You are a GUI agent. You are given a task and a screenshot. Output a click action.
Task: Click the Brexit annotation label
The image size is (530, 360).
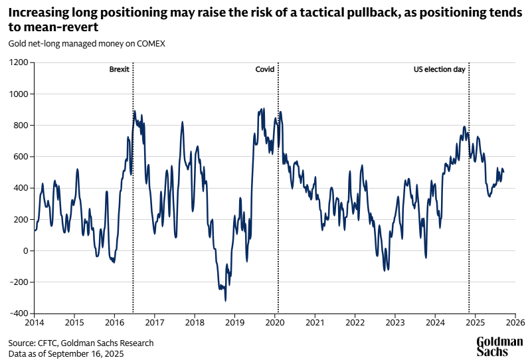coord(119,69)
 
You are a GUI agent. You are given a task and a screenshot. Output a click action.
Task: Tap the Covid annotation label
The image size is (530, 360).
coord(264,69)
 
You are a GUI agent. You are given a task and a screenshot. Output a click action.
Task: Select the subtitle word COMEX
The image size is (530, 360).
coord(151,44)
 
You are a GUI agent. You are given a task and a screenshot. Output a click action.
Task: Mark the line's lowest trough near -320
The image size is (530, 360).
coord(226,301)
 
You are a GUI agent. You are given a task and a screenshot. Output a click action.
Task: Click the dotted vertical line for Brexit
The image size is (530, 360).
coord(133,199)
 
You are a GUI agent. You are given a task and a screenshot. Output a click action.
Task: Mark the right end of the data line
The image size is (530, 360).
coord(503,172)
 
